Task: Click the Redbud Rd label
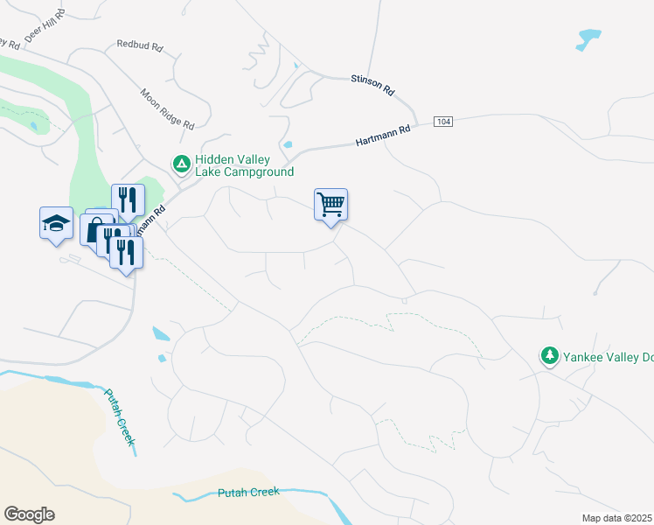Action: pos(140,45)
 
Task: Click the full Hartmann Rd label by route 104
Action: pos(383,136)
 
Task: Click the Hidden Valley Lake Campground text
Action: pos(232,165)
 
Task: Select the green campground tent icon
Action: pos(180,164)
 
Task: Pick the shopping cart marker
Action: pos(330,206)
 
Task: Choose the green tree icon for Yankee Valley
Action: pos(549,355)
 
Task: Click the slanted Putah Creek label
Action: pos(120,416)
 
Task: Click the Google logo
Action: pos(29,514)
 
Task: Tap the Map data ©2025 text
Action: pos(617,518)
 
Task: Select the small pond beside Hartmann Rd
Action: pos(288,144)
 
